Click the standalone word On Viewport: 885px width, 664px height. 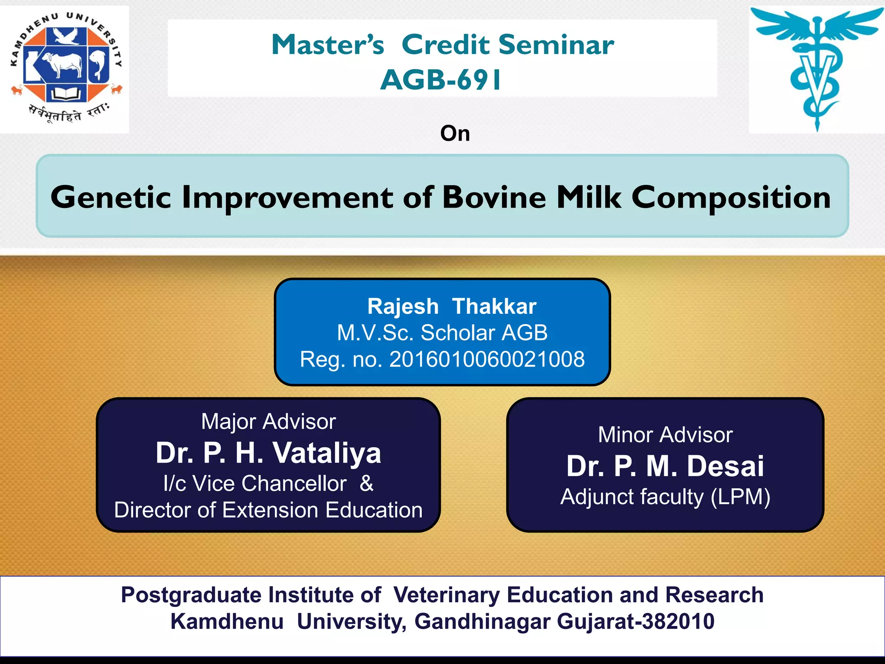pyautogui.click(x=455, y=134)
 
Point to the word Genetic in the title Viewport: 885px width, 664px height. pyautogui.click(x=111, y=198)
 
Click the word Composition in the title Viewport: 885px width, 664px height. pyautogui.click(x=731, y=198)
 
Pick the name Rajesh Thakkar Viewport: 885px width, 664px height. pyautogui.click(x=452, y=306)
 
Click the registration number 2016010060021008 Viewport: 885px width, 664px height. pyautogui.click(x=487, y=360)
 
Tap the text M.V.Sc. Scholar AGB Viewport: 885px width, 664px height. pyautogui.click(x=442, y=333)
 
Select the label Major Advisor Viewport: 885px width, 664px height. pyautogui.click(x=268, y=421)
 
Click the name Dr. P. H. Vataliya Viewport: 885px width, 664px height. pyautogui.click(x=268, y=453)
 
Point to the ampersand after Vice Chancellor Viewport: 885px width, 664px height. pyautogui.click(x=366, y=483)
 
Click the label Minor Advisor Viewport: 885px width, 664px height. pyautogui.click(x=665, y=435)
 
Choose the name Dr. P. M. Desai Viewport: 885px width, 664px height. pyautogui.click(x=665, y=466)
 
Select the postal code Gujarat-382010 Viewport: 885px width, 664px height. pyautogui.click(x=635, y=622)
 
